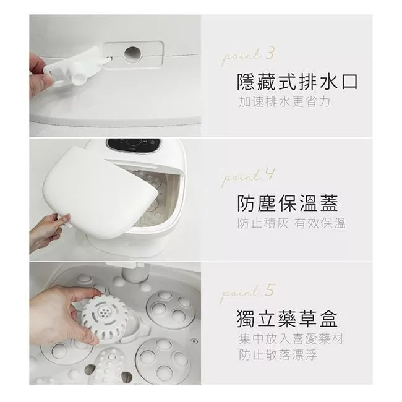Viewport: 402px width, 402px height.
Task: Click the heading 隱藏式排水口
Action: pyautogui.click(x=297, y=82)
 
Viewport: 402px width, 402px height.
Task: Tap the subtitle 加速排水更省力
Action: pyautogui.click(x=284, y=102)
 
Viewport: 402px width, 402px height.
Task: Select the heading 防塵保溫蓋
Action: pyautogui.click(x=288, y=203)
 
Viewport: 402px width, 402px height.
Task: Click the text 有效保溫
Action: pyautogui.click(x=320, y=223)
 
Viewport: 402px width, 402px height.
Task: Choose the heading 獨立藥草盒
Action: pyautogui.click(x=287, y=319)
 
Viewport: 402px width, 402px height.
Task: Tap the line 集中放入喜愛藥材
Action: pyautogui.click(x=291, y=339)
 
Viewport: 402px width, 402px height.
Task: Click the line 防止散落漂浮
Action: pyautogui.click(x=278, y=355)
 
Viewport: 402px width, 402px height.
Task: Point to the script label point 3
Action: pyautogui.click(x=248, y=55)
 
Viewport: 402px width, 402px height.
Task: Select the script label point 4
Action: pyautogui.click(x=247, y=176)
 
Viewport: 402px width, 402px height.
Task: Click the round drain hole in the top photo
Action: pyautogui.click(x=132, y=54)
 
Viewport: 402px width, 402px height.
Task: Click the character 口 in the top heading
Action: pyautogui.click(x=349, y=82)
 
